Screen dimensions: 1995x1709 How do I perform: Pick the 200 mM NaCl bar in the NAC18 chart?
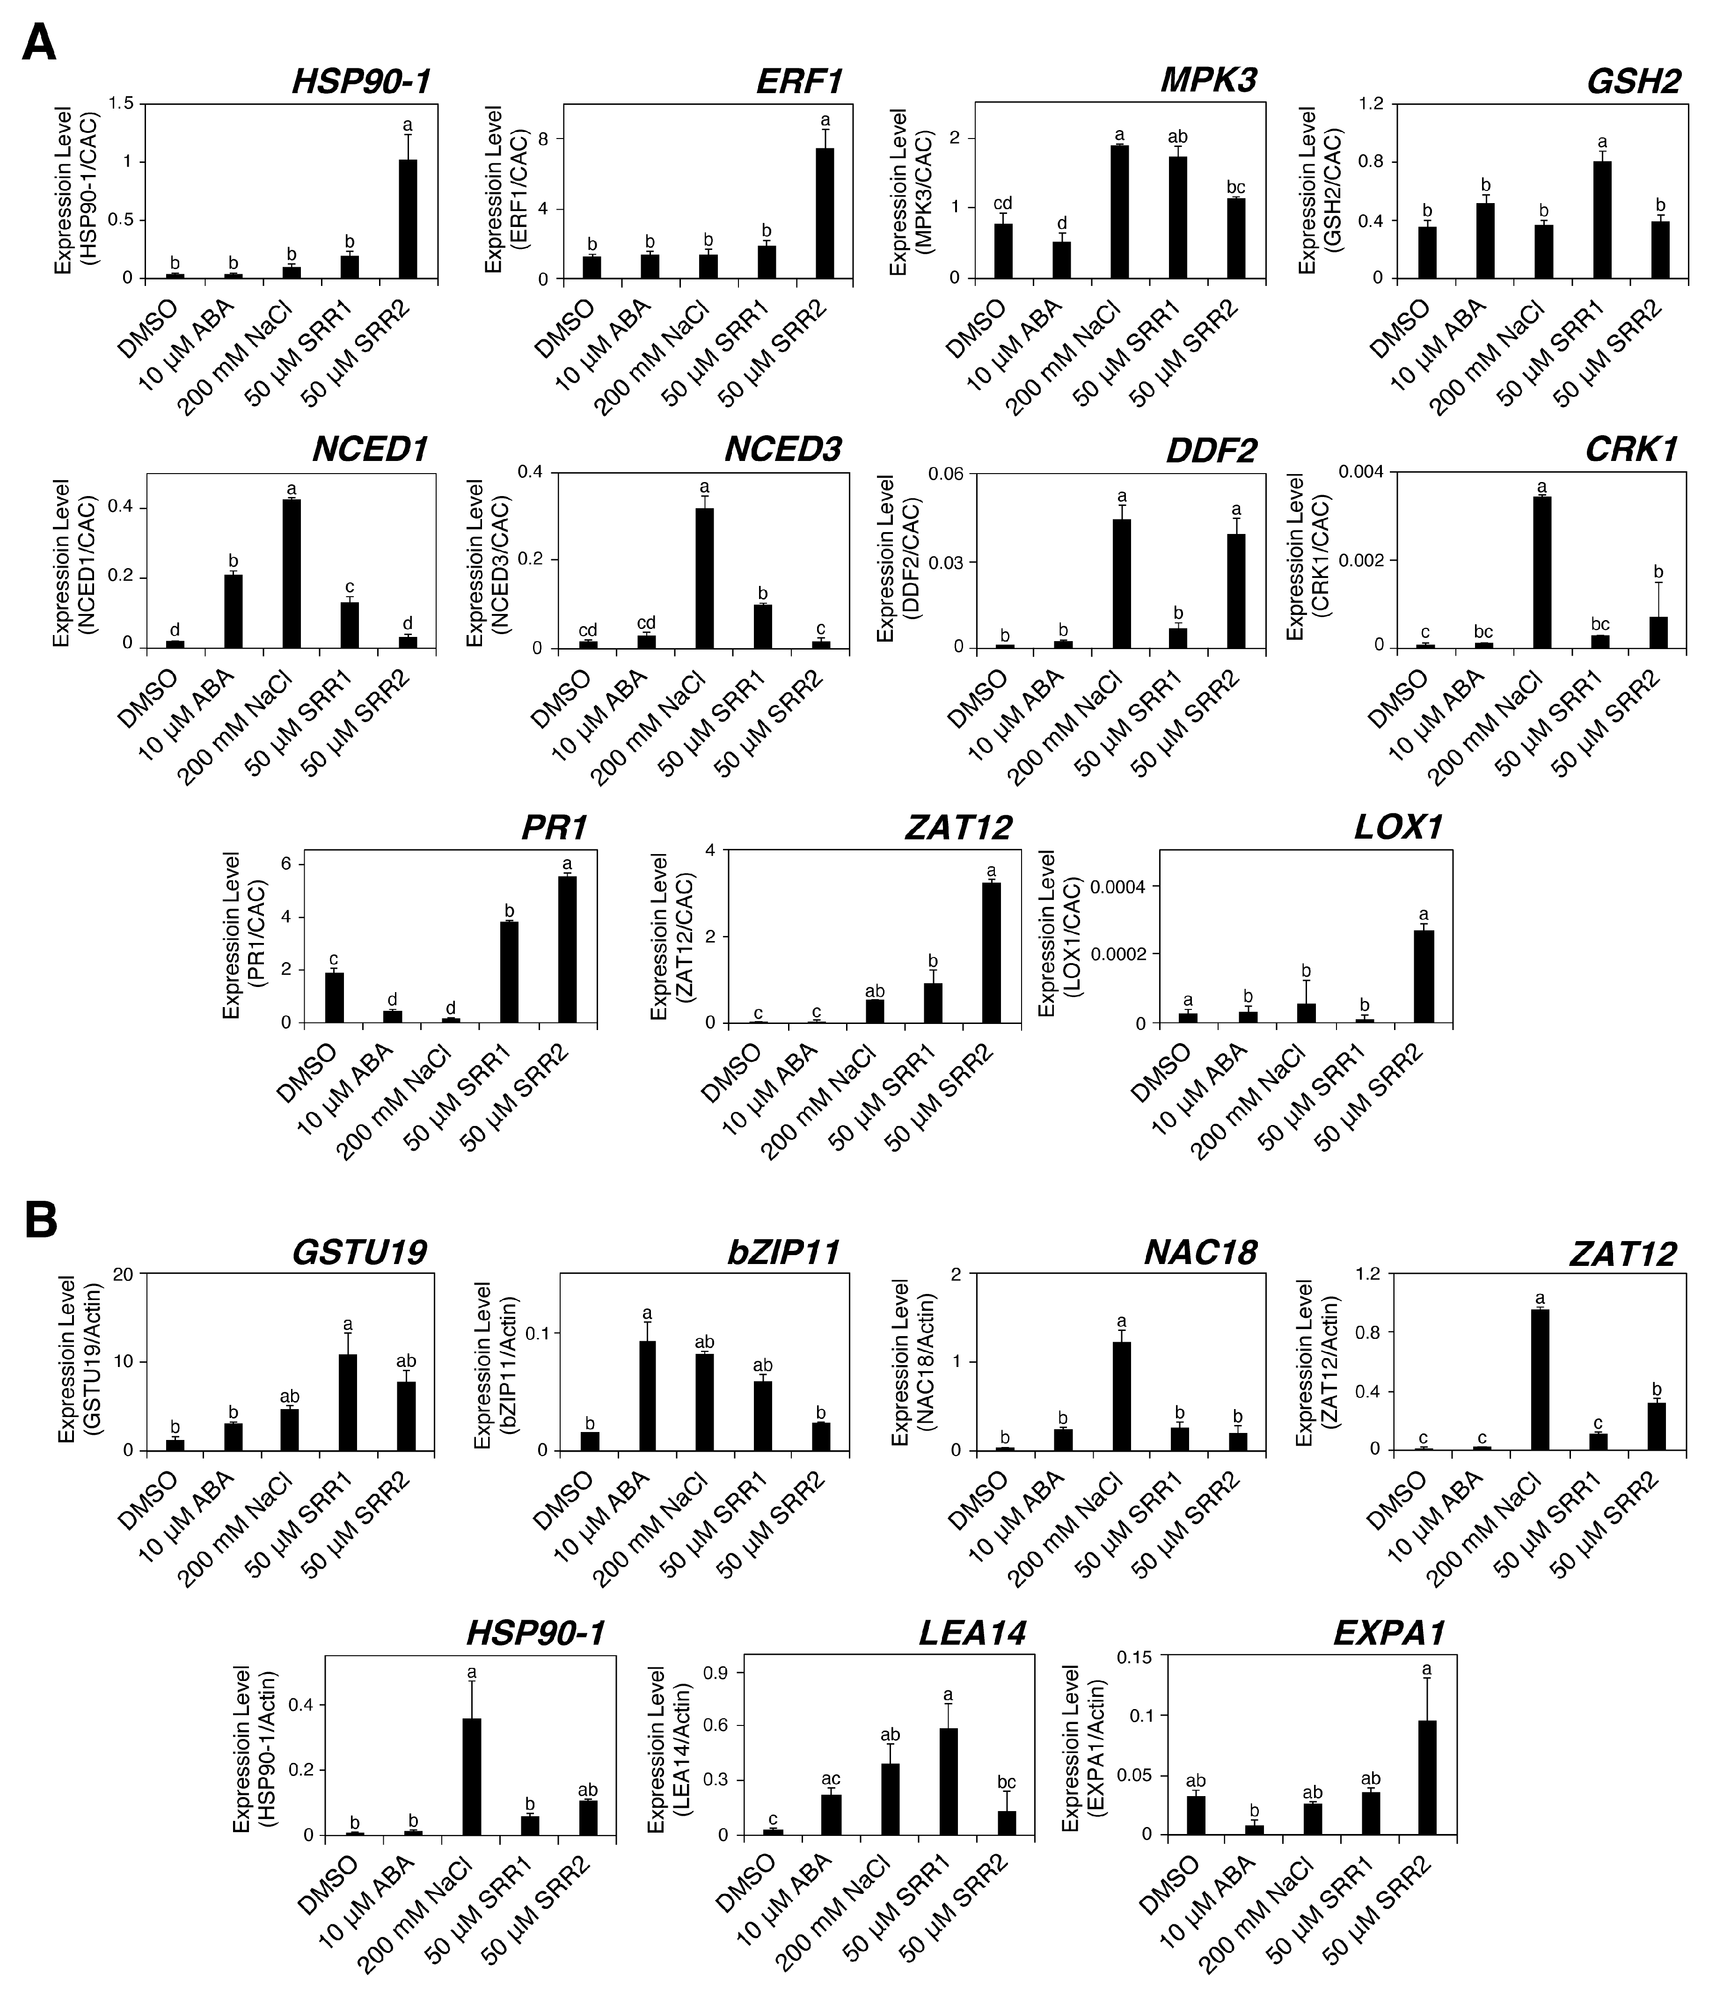(1121, 1395)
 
